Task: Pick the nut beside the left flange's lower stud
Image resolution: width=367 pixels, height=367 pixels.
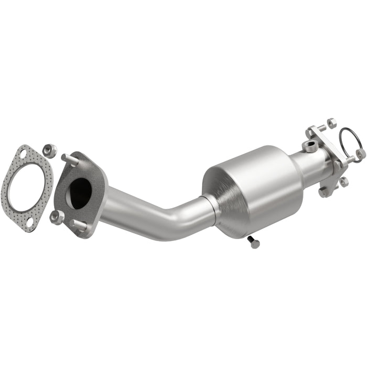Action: [x=56, y=215]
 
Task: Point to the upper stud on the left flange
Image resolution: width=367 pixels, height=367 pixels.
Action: [x=69, y=158]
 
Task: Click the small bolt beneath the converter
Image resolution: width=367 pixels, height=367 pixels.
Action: [x=253, y=242]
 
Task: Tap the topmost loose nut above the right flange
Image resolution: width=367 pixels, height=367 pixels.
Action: [x=331, y=123]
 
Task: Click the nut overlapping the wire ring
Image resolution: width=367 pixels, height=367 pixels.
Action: [x=360, y=153]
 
